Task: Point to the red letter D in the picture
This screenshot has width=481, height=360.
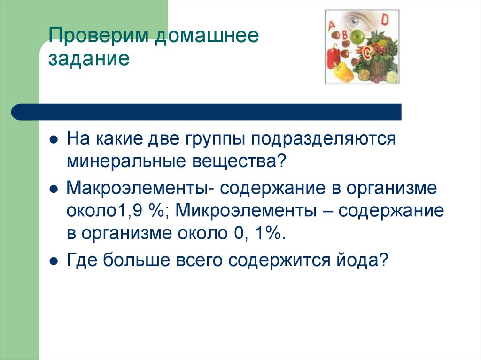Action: click(385, 20)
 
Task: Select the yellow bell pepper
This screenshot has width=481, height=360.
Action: click(341, 72)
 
